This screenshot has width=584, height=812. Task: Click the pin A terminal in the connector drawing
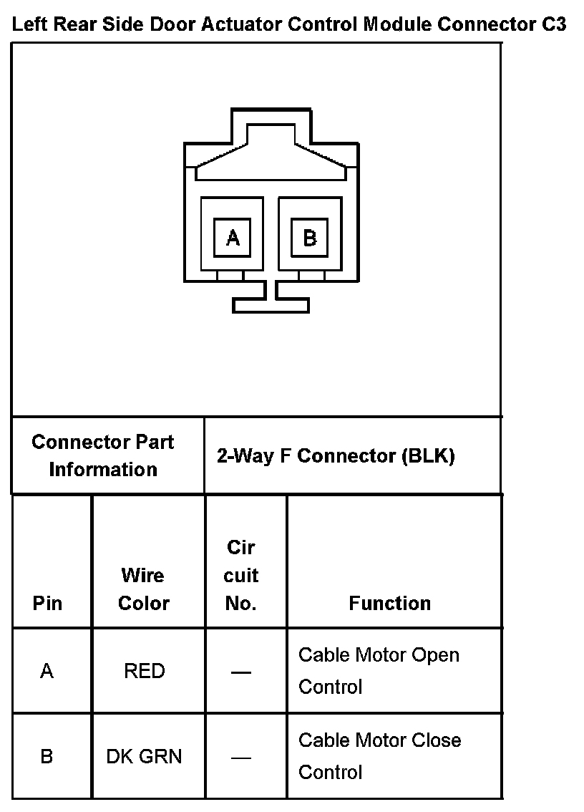tap(233, 238)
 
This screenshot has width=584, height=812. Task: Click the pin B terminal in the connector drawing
tap(309, 238)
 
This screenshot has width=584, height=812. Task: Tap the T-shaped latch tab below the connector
tap(271, 304)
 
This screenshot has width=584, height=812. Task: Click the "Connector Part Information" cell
tap(103, 455)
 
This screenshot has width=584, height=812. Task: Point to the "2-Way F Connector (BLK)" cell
tap(336, 456)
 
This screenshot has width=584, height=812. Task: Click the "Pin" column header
tap(47, 603)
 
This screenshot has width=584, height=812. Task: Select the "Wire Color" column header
tap(143, 589)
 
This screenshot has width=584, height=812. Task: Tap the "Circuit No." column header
tap(241, 575)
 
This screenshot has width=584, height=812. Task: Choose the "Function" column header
tap(390, 603)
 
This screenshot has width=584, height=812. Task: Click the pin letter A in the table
tap(47, 671)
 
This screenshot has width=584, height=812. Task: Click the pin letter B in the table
tap(47, 756)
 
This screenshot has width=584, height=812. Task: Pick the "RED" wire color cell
tap(145, 671)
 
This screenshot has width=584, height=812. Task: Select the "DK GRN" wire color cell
tap(144, 756)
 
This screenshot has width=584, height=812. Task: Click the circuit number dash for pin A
tap(241, 672)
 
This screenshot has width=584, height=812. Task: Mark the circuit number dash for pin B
tap(241, 757)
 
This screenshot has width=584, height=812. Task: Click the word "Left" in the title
tap(29, 25)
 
